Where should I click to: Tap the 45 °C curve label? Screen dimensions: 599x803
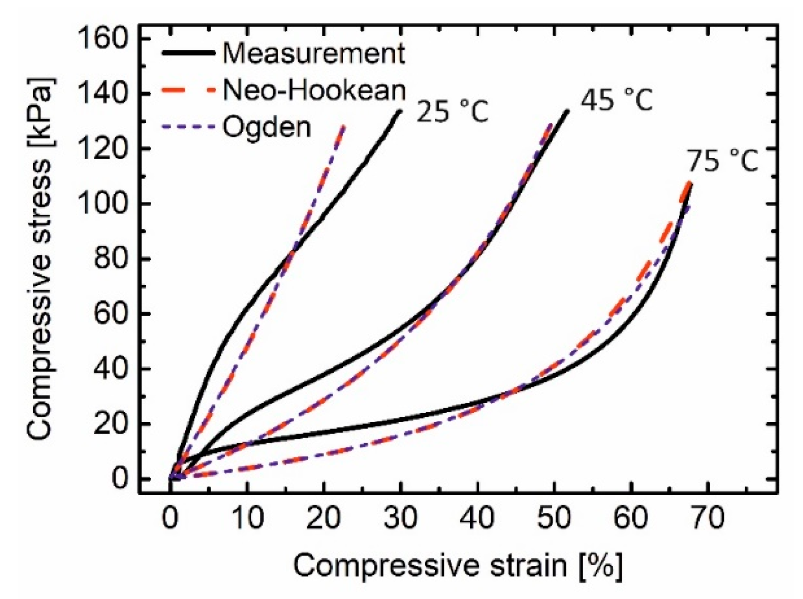pos(616,100)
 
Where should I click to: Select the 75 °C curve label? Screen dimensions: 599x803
pos(722,161)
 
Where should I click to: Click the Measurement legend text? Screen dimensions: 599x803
pos(314,53)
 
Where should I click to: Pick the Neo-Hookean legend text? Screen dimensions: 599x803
pos(314,90)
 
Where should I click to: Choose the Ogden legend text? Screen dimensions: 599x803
pos(267,127)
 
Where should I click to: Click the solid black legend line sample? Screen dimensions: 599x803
pos(188,53)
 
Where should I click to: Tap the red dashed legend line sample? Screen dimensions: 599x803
pos(188,90)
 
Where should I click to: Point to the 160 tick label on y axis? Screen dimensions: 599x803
pos(103,39)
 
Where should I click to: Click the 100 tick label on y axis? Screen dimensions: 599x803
pos(103,204)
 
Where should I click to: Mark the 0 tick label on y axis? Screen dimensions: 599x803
pos(119,479)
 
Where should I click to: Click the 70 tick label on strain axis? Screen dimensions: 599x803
pos(708,518)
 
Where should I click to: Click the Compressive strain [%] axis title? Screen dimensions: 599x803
pos(457,565)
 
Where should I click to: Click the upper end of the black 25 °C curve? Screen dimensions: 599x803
pos(401,111)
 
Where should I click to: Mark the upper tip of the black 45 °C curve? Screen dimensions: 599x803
pos(567,111)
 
